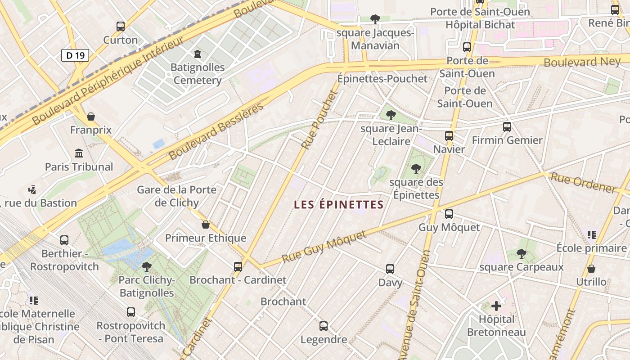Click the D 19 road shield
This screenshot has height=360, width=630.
pos(75,55)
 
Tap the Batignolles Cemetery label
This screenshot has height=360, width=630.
pos(198,74)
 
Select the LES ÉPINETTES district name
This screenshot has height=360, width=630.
pos(338,205)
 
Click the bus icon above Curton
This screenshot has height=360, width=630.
pos(120,27)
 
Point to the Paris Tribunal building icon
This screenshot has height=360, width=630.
pos(79,153)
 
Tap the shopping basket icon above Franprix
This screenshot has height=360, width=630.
pos(91,117)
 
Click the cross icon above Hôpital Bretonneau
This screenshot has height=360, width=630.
pos(496,306)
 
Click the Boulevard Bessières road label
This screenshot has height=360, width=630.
pos(216,132)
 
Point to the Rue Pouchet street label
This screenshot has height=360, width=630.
pos(319,120)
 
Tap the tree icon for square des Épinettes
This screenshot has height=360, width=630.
pos(416,169)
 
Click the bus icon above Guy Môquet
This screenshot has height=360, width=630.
pos(449,214)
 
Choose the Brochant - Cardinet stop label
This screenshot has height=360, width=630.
pos(238,280)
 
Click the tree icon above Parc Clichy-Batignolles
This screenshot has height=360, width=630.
pos(146,267)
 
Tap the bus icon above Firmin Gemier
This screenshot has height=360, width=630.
pos(507,127)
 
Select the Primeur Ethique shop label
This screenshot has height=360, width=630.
pos(206,238)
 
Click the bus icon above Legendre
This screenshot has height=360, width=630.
pos(324,326)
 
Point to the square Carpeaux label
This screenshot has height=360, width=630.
pos(521,267)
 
